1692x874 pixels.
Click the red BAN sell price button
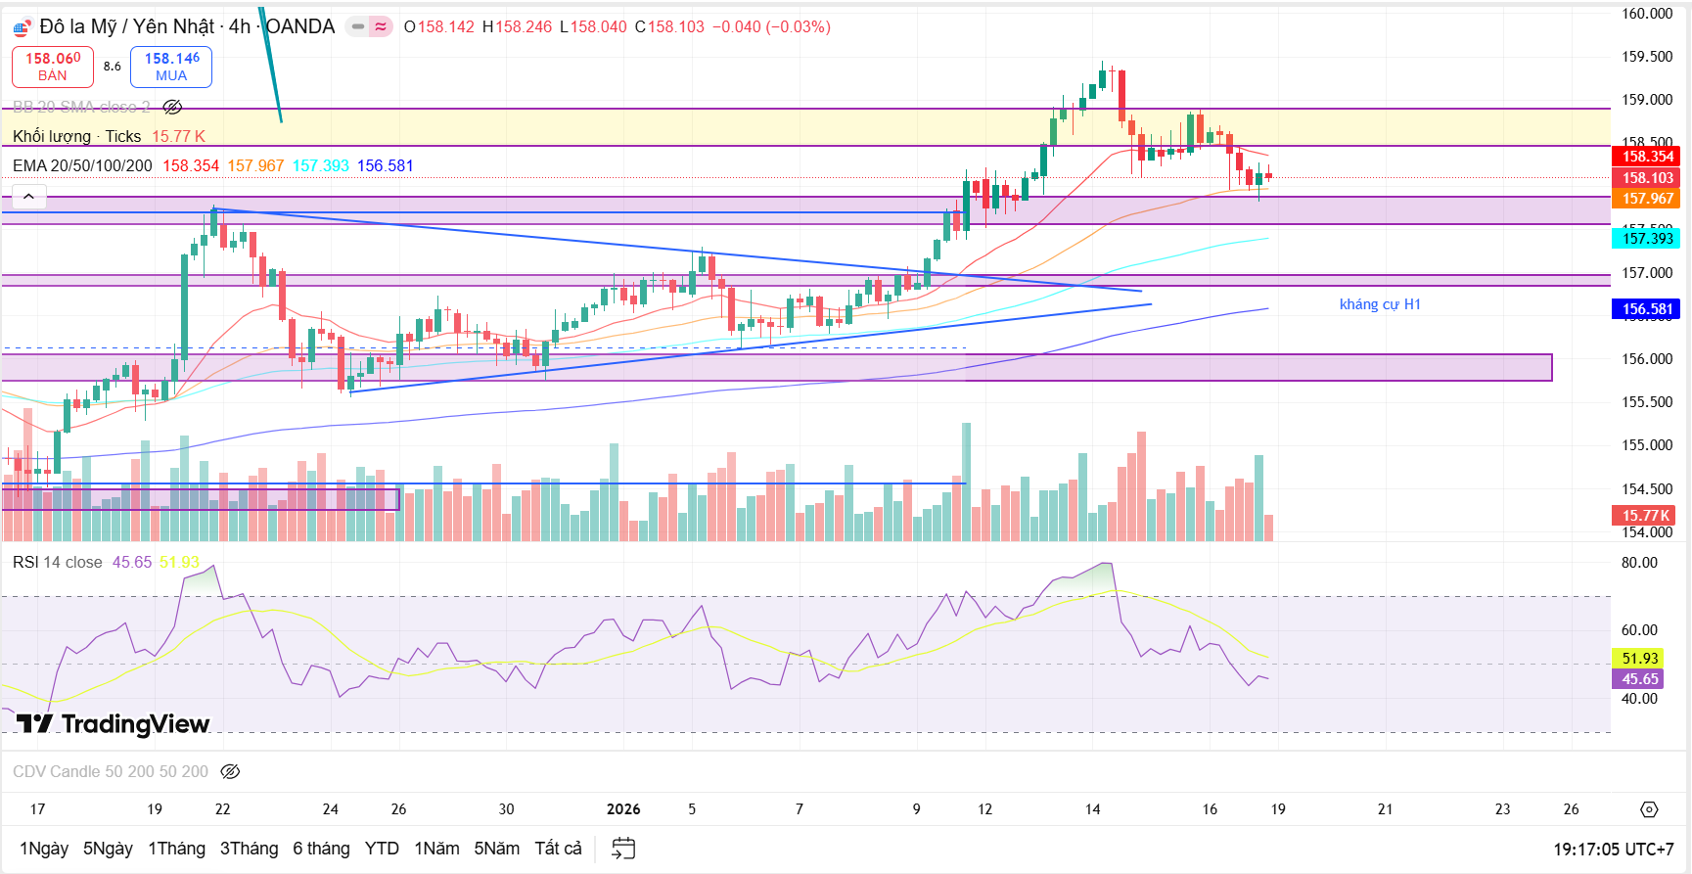53,67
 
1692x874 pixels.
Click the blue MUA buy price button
171,67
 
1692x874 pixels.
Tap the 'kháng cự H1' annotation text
1379,304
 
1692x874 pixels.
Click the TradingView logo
114,724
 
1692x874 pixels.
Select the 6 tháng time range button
321,849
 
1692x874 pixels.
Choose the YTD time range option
382,849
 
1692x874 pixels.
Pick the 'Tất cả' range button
558,849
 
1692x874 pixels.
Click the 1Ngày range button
44,849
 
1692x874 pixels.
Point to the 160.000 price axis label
1647,14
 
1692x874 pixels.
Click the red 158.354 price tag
1647,157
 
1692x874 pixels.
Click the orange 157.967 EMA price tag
1647,199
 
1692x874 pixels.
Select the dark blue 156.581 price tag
1647,309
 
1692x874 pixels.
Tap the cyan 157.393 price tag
1647,238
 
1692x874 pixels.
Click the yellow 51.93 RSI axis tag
1639,659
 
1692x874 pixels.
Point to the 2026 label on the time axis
623,809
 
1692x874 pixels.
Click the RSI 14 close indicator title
57,562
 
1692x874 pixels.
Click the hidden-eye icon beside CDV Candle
230,772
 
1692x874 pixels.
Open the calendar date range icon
623,849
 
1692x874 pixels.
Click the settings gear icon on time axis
1649,809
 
